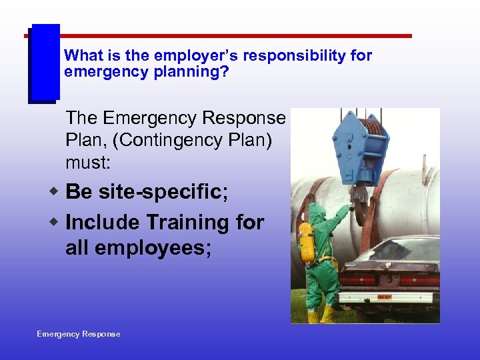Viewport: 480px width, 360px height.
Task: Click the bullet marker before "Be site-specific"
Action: coord(56,192)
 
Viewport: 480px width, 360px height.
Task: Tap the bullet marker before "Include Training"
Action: coord(56,222)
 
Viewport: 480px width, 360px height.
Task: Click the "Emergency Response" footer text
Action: coord(79,334)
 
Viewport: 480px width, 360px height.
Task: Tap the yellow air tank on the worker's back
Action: coord(307,243)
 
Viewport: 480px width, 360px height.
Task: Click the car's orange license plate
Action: coord(385,296)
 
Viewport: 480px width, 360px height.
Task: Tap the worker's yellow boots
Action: coord(320,315)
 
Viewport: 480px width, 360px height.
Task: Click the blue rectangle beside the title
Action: coord(44,63)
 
